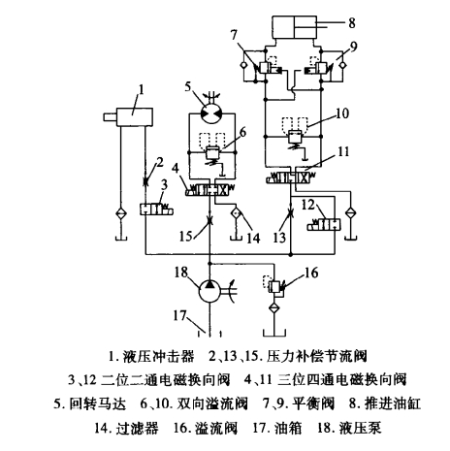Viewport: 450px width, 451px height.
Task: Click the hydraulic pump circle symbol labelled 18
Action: (x=209, y=288)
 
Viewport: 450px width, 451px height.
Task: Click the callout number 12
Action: (x=309, y=204)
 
